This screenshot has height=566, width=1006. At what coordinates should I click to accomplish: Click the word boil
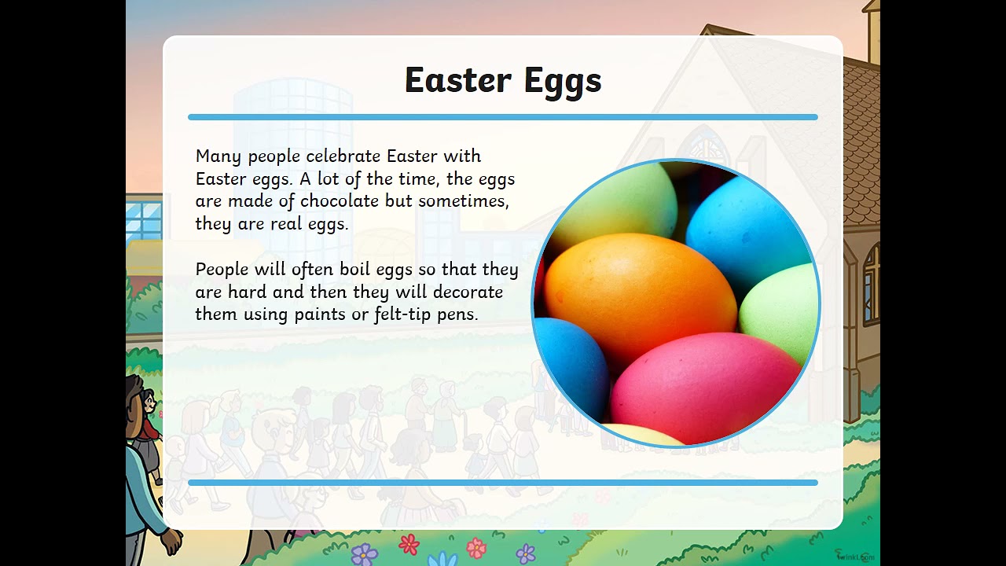pos(355,270)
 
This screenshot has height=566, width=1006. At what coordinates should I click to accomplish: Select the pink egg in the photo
pos(699,385)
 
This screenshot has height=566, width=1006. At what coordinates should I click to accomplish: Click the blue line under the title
pos(503,117)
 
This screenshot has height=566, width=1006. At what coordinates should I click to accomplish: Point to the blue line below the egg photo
pos(503,483)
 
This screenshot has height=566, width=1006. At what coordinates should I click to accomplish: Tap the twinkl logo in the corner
pos(854,556)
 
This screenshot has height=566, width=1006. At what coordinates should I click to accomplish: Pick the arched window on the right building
pos(871,283)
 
